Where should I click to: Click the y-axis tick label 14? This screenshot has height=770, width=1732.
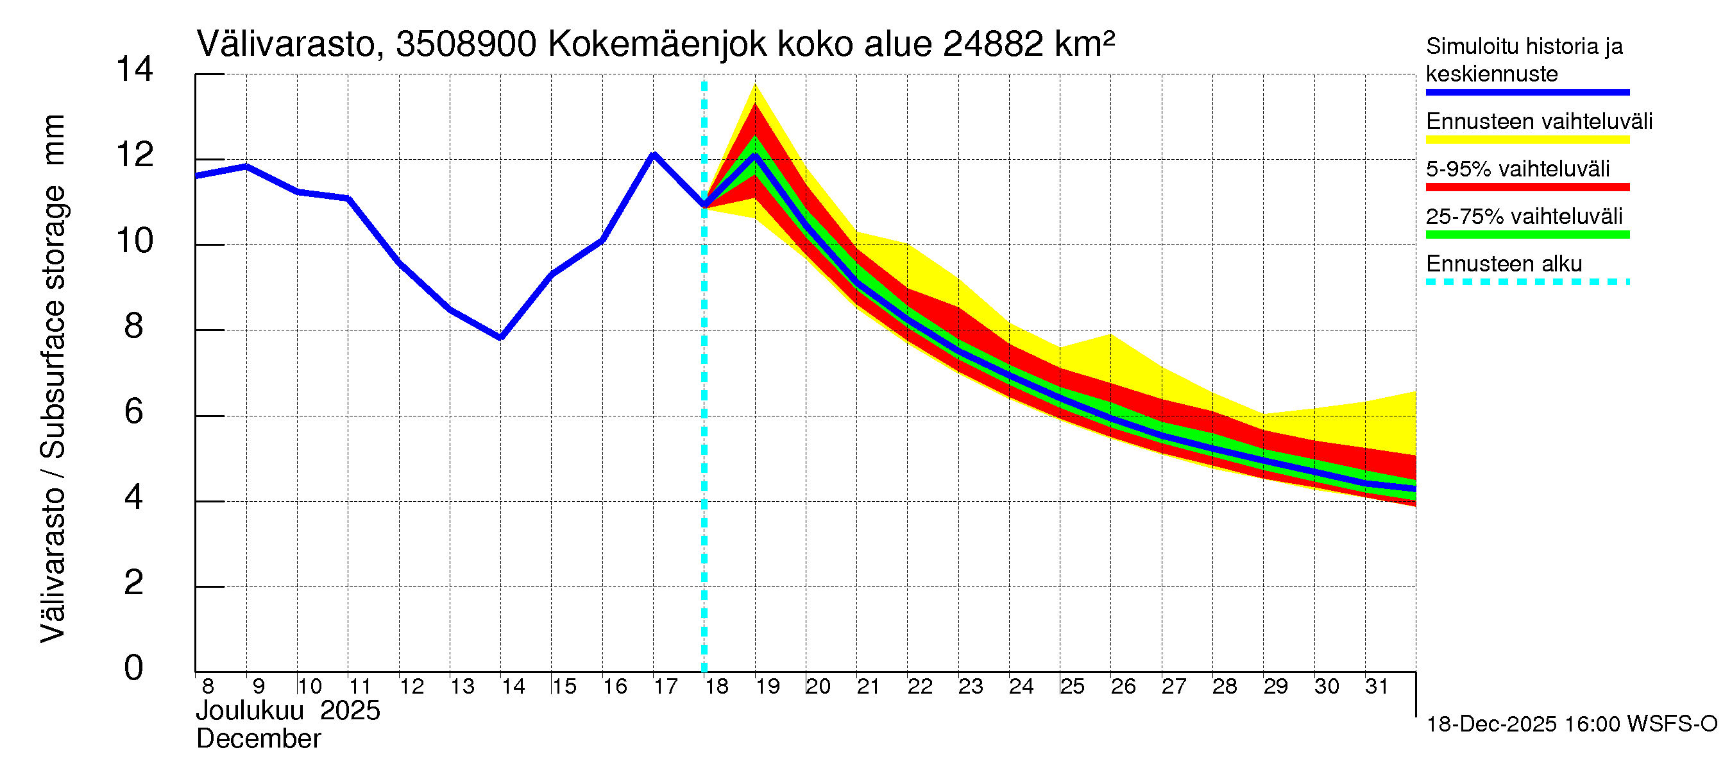point(134,69)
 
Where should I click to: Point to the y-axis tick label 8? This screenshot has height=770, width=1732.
point(134,326)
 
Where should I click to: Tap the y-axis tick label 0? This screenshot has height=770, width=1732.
point(134,668)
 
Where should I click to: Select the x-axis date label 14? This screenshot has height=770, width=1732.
point(513,686)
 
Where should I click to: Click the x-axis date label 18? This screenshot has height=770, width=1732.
point(717,686)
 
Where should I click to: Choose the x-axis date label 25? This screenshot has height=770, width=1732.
point(1073,686)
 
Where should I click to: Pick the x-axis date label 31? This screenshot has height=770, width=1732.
point(1377,686)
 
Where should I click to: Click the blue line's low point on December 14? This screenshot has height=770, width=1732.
point(500,338)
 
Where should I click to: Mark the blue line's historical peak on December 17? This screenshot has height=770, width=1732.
point(654,155)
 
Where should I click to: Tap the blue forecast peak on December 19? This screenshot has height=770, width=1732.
point(755,157)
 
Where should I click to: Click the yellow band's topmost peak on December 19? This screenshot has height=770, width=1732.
point(755,85)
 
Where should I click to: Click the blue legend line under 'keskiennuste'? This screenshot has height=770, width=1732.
point(1527,92)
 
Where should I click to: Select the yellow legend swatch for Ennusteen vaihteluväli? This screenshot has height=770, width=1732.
point(1527,140)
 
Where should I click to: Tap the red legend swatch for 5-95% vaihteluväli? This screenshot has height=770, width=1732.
point(1527,187)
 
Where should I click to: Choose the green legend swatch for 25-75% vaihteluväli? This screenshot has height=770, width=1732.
point(1527,235)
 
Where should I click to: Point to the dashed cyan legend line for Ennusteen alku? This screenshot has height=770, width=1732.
point(1527,282)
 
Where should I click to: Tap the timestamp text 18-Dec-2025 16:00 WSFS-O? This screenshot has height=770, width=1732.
point(1571,724)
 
